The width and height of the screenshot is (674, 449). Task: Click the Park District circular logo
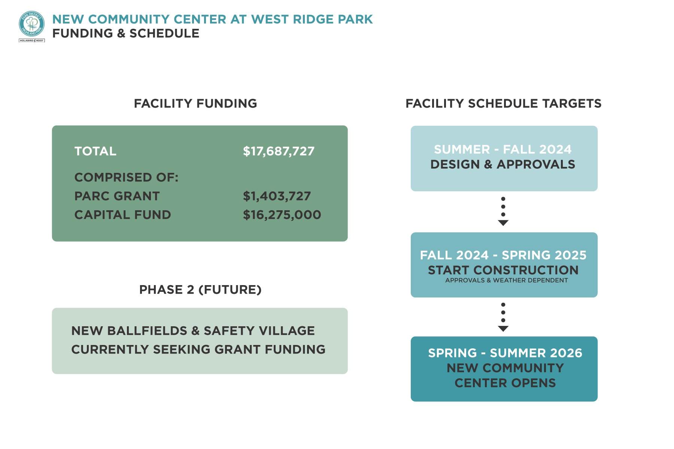coord(32,24)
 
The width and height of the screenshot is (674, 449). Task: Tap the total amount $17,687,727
coord(279,151)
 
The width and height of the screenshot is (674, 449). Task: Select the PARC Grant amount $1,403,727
coord(277,196)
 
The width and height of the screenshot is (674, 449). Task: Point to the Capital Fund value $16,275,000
coord(282,215)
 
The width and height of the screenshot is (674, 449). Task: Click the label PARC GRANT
coord(117,196)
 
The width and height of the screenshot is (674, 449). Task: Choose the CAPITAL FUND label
coord(122,215)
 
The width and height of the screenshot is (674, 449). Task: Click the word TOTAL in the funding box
coord(95,151)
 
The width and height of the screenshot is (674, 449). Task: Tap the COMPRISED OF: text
coord(126,177)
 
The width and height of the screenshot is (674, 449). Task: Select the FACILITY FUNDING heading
coord(195,103)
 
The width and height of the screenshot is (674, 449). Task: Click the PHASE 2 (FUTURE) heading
coord(200,290)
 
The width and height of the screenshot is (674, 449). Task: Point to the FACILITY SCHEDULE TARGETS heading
coord(503,103)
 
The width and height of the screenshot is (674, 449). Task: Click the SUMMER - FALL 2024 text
coord(503,149)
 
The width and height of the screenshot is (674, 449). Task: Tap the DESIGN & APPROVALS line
coord(503,164)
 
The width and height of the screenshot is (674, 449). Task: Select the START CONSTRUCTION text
coord(503,270)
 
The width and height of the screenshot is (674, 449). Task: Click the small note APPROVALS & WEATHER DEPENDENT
coord(506,280)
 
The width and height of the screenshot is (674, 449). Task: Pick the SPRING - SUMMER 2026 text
coord(505,353)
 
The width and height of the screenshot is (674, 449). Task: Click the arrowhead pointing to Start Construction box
coord(503,223)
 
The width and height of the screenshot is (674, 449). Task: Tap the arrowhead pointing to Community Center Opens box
coord(503,329)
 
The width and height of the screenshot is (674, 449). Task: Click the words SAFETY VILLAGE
coord(259,331)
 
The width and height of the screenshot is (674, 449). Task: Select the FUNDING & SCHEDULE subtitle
coord(125,33)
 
